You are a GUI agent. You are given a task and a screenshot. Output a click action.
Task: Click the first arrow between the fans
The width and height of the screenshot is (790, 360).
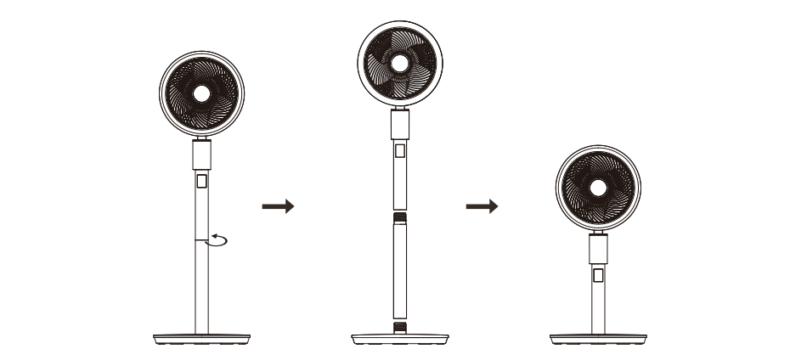coord(277,206)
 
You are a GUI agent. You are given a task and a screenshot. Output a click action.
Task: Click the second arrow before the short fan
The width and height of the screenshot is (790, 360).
coord(481,206)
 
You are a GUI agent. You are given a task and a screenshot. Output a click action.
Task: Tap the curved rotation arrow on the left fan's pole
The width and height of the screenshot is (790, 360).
coord(219,241)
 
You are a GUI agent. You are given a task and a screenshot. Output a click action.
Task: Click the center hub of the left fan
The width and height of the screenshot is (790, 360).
coord(201,93)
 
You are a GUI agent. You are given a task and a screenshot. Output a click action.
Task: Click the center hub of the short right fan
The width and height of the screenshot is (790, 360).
coord(597,188)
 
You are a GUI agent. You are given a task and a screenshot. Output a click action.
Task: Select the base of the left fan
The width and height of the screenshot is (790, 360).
coord(201,339)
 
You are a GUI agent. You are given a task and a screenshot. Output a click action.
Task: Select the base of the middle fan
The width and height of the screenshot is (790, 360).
coord(399,339)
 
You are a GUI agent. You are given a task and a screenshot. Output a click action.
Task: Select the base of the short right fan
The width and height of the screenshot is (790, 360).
coord(597,339)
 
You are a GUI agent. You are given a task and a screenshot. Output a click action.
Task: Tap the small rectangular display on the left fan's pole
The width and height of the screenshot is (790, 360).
coord(201,182)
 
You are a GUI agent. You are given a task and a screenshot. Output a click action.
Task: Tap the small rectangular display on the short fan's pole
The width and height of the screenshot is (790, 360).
coord(598,276)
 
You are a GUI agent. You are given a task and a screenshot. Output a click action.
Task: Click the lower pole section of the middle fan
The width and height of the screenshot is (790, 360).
coord(399,272)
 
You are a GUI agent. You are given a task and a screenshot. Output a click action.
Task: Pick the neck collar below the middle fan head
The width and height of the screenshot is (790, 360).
coord(399,126)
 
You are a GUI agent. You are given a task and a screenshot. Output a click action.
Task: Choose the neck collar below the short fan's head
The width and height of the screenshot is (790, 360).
coord(598,249)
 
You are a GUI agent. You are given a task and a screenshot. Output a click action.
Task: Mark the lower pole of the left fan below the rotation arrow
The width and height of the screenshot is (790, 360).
coord(201,289)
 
